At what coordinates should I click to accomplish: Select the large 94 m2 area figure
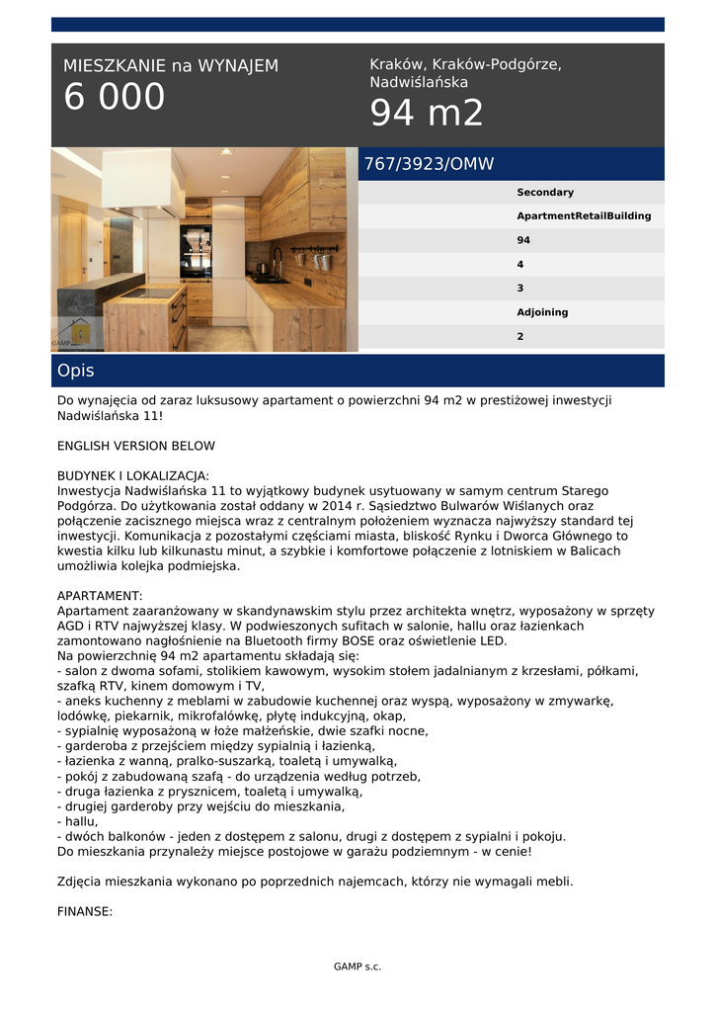pyautogui.click(x=427, y=114)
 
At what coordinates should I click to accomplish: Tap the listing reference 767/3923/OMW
pyautogui.click(x=429, y=164)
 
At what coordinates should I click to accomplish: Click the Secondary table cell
pyautogui.click(x=544, y=193)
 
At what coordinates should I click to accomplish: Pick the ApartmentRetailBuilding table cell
pyautogui.click(x=583, y=216)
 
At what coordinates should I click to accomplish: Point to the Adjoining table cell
pyautogui.click(x=542, y=312)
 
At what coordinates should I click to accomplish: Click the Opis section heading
pyautogui.click(x=76, y=371)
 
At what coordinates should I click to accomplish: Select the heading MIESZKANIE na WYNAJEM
pyautogui.click(x=171, y=66)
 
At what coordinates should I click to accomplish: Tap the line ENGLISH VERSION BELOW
pyautogui.click(x=136, y=446)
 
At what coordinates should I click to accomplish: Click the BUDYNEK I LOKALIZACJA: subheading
pyautogui.click(x=133, y=475)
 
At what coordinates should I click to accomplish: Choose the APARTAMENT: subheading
pyautogui.click(x=100, y=596)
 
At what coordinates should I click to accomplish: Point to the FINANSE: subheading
pyautogui.click(x=85, y=912)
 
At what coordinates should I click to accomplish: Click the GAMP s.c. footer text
pyautogui.click(x=358, y=967)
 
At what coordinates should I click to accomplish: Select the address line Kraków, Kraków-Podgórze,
pyautogui.click(x=465, y=64)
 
